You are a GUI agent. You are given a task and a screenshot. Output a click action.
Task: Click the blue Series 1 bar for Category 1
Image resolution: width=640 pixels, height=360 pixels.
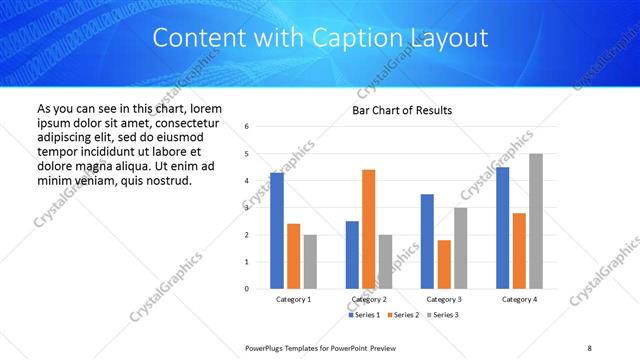[x=277, y=231]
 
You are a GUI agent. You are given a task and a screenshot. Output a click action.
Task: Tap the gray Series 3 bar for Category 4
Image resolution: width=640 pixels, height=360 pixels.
[x=536, y=221]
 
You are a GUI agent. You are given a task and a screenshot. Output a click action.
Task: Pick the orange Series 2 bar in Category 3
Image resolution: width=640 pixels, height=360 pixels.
[x=444, y=264]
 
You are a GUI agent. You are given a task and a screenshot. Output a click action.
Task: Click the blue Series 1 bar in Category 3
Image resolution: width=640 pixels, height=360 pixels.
[x=427, y=241]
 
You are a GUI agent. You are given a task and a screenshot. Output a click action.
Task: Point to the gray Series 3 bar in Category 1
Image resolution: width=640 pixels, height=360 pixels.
[x=310, y=262]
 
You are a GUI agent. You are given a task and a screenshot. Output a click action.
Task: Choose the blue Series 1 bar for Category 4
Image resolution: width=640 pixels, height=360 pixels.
[x=502, y=228]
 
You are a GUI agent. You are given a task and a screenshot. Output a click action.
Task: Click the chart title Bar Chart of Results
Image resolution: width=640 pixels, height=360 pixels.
[x=402, y=110]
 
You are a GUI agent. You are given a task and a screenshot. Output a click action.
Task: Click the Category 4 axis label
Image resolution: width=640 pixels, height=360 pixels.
[x=519, y=299]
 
